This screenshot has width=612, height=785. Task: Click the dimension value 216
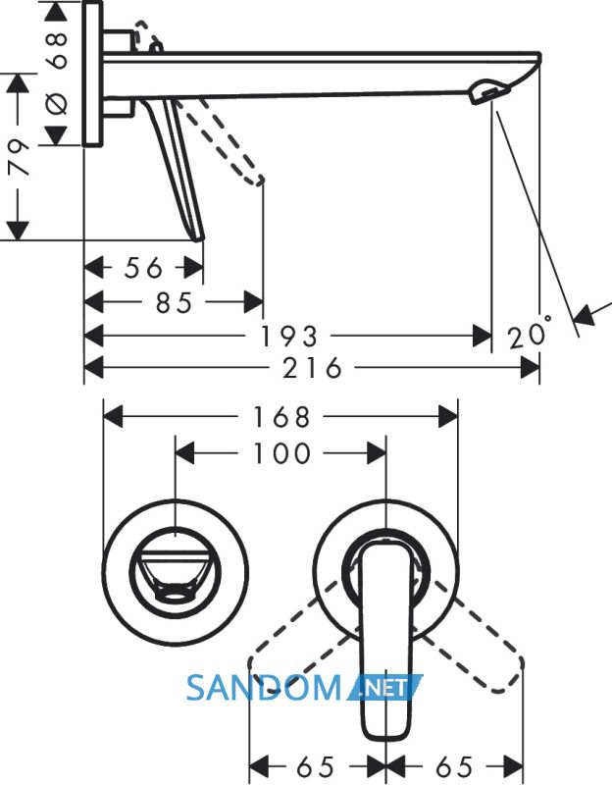coord(312,369)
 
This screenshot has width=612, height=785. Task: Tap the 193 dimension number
coord(289,337)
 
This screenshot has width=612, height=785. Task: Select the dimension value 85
coord(174,303)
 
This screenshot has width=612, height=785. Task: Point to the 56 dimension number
coord(143,268)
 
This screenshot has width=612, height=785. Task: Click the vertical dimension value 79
coord(20,157)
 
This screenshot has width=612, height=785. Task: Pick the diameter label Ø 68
coord(57,73)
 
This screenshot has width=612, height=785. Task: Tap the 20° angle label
coord(531,333)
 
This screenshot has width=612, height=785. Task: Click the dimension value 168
coord(281,417)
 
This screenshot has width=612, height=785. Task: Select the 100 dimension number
coord(281,453)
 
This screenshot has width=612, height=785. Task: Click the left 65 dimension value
coord(315,766)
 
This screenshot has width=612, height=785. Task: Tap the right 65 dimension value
coord(454,766)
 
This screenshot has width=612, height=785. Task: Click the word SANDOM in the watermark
coord(264,688)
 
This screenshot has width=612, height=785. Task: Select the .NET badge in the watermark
coord(385,687)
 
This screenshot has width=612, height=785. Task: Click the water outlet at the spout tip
coord(487,92)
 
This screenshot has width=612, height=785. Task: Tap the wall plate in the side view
coord(92,74)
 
